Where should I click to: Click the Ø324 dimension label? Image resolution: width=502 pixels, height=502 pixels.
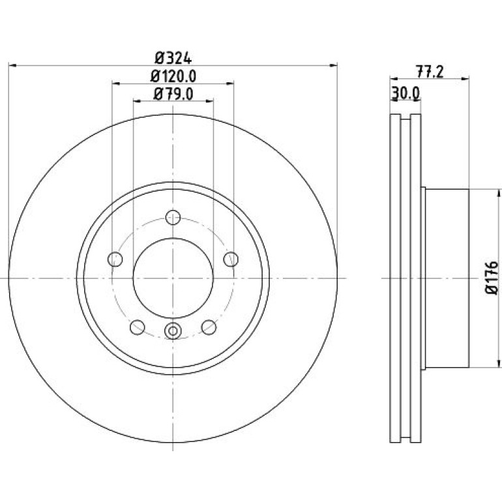point(173,58)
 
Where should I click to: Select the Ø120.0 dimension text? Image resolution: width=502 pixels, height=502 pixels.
point(173,76)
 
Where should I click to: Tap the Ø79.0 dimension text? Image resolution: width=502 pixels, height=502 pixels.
point(173,94)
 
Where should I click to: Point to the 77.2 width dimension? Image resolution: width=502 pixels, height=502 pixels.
point(430,72)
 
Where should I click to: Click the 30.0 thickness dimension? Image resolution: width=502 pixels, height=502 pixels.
point(406,93)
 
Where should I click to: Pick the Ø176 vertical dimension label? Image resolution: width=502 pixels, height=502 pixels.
point(492,278)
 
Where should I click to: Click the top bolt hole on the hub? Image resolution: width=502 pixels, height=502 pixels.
point(173,217)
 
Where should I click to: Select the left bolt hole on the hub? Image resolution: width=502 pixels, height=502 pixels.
point(115,259)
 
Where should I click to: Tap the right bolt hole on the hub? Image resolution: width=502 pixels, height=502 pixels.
point(231,259)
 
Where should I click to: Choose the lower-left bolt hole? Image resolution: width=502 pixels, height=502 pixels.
point(138,327)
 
